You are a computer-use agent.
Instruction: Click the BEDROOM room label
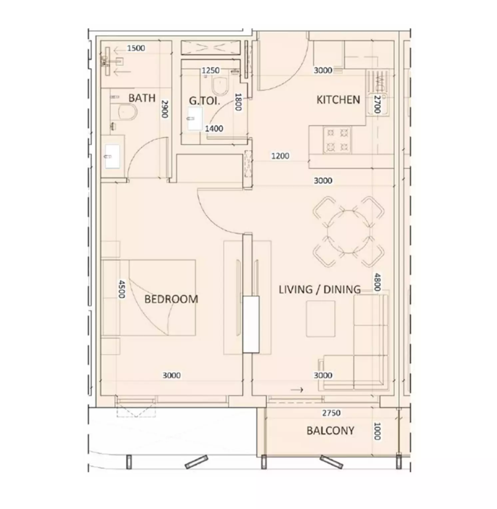click(171, 299)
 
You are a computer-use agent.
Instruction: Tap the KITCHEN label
click(338, 100)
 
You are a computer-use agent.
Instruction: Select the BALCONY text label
click(330, 430)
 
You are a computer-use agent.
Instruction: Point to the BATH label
click(142, 98)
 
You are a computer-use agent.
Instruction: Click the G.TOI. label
click(205, 101)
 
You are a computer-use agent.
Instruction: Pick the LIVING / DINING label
click(320, 289)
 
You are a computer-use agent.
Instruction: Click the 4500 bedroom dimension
click(122, 289)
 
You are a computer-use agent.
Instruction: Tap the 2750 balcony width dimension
click(331, 413)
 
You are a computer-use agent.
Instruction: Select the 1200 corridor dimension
click(280, 156)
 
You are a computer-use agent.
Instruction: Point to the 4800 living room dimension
click(377, 282)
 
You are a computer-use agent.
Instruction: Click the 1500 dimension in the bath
click(136, 48)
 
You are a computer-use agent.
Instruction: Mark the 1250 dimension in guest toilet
click(211, 70)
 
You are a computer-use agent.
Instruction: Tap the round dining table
click(348, 232)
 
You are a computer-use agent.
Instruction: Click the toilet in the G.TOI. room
click(221, 86)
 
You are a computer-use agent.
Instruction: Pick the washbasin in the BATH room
click(112, 156)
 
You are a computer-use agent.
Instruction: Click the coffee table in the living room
click(321, 319)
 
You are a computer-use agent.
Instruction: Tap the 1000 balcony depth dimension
click(377, 431)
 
